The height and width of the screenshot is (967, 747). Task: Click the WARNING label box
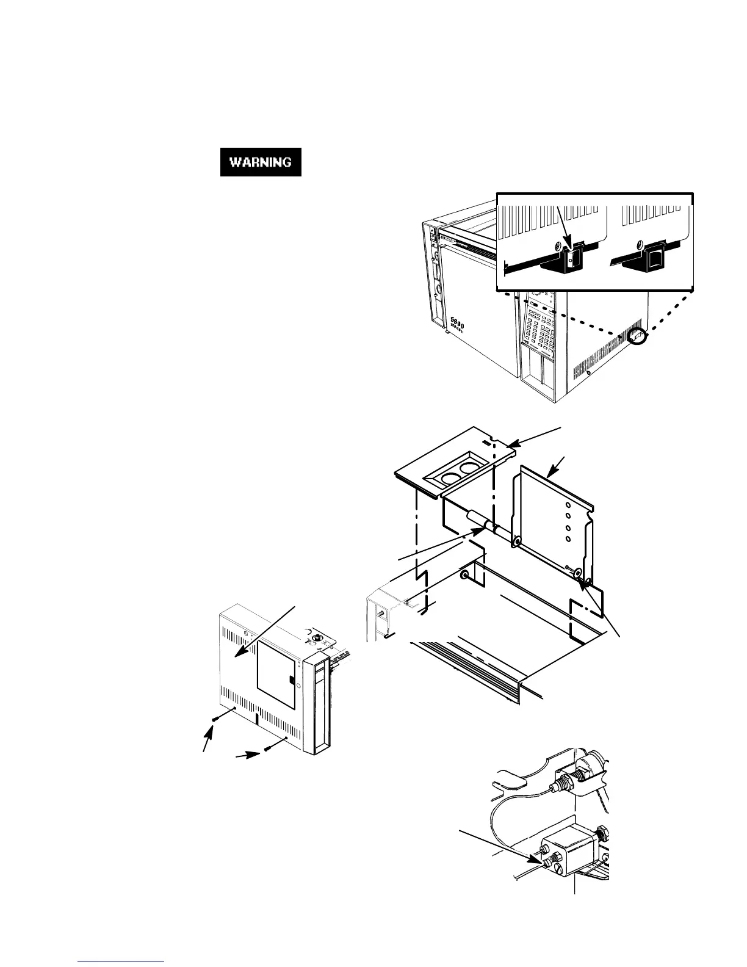click(261, 162)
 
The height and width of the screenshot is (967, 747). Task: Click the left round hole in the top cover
click(443, 476)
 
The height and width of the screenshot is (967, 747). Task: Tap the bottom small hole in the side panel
click(569, 540)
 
